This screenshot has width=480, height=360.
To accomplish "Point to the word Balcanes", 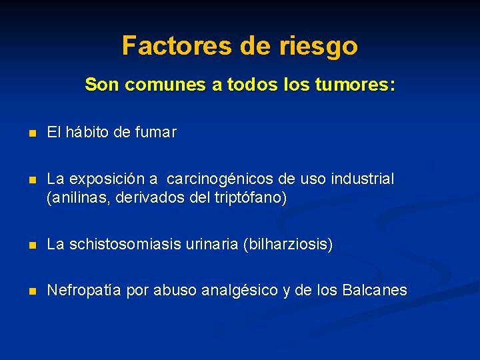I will [374, 291].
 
